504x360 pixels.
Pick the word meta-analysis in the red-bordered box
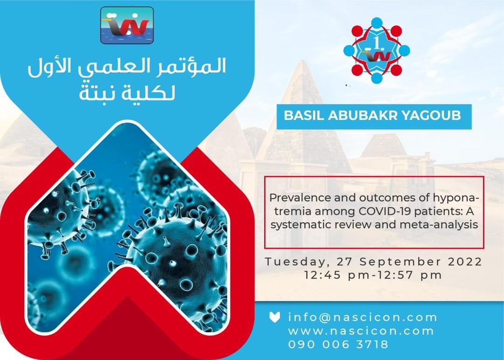click(439, 224)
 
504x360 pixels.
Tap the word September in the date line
click(400, 262)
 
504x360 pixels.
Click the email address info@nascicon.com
click(363, 317)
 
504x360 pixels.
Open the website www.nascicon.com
click(361, 331)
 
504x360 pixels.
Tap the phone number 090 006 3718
click(338, 344)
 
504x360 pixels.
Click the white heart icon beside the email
click(274, 317)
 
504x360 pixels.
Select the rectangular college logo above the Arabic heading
click(127, 26)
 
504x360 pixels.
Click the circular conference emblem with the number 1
click(377, 50)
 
